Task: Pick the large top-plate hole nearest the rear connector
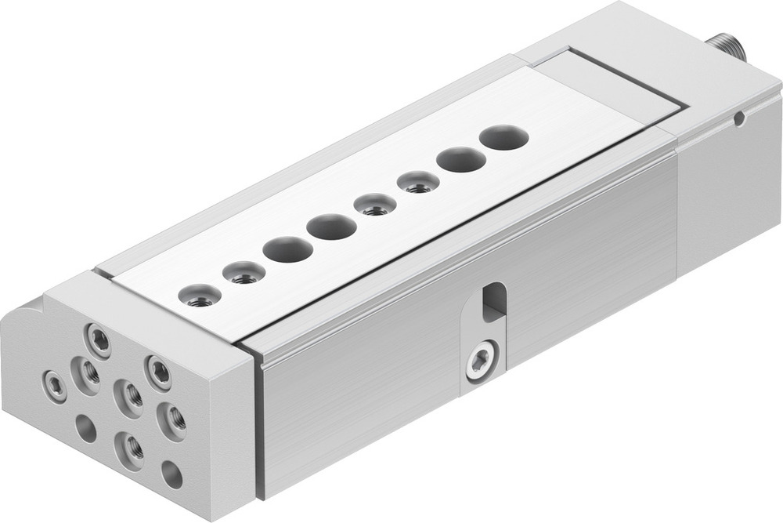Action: (x=503, y=138)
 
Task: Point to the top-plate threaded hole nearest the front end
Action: (x=200, y=296)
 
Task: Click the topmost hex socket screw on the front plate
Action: (x=99, y=340)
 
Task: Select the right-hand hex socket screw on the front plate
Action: (x=158, y=372)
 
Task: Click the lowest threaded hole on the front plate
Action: (x=130, y=449)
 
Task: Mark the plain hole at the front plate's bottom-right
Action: (x=171, y=474)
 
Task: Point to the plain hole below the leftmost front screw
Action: (x=85, y=428)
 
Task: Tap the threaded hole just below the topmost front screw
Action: (x=86, y=376)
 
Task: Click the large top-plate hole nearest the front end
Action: (x=287, y=249)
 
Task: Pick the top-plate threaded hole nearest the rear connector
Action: (x=418, y=183)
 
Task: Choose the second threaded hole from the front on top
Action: (x=244, y=273)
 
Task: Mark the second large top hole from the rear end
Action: (x=461, y=160)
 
